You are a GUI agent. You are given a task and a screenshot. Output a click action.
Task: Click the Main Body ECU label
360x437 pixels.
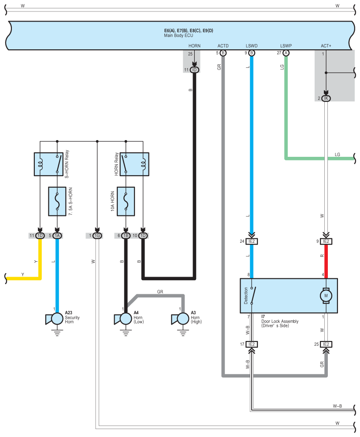coord(178,35)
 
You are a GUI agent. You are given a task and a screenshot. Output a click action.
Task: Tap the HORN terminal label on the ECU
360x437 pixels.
coord(194,46)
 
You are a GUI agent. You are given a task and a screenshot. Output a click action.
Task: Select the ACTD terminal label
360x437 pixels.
coord(223,46)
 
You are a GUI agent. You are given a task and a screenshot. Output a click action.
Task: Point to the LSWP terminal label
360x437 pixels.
coord(286,46)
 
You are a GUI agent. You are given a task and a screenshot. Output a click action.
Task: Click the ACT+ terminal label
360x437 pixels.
coord(326,46)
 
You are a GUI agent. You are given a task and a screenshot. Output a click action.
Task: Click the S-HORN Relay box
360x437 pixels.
coord(48,164)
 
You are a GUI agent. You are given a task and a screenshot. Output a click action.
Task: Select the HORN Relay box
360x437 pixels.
coord(134,164)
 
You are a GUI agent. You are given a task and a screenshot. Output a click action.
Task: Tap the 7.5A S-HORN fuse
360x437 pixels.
coord(57,201)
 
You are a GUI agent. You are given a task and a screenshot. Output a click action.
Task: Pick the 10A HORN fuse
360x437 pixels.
coord(126,201)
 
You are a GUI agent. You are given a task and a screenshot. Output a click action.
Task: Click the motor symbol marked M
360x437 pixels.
coord(326,296)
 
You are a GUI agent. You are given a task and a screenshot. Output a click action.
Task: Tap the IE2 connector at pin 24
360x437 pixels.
coord(252,241)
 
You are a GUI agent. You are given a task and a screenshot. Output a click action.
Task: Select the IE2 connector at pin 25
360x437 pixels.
coord(326,344)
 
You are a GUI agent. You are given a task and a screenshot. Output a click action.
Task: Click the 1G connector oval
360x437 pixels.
coord(97,236)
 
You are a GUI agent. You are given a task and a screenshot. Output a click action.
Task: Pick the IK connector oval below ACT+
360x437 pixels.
coord(326,98)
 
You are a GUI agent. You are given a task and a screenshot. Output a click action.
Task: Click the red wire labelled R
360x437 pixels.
coord(326,261)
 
